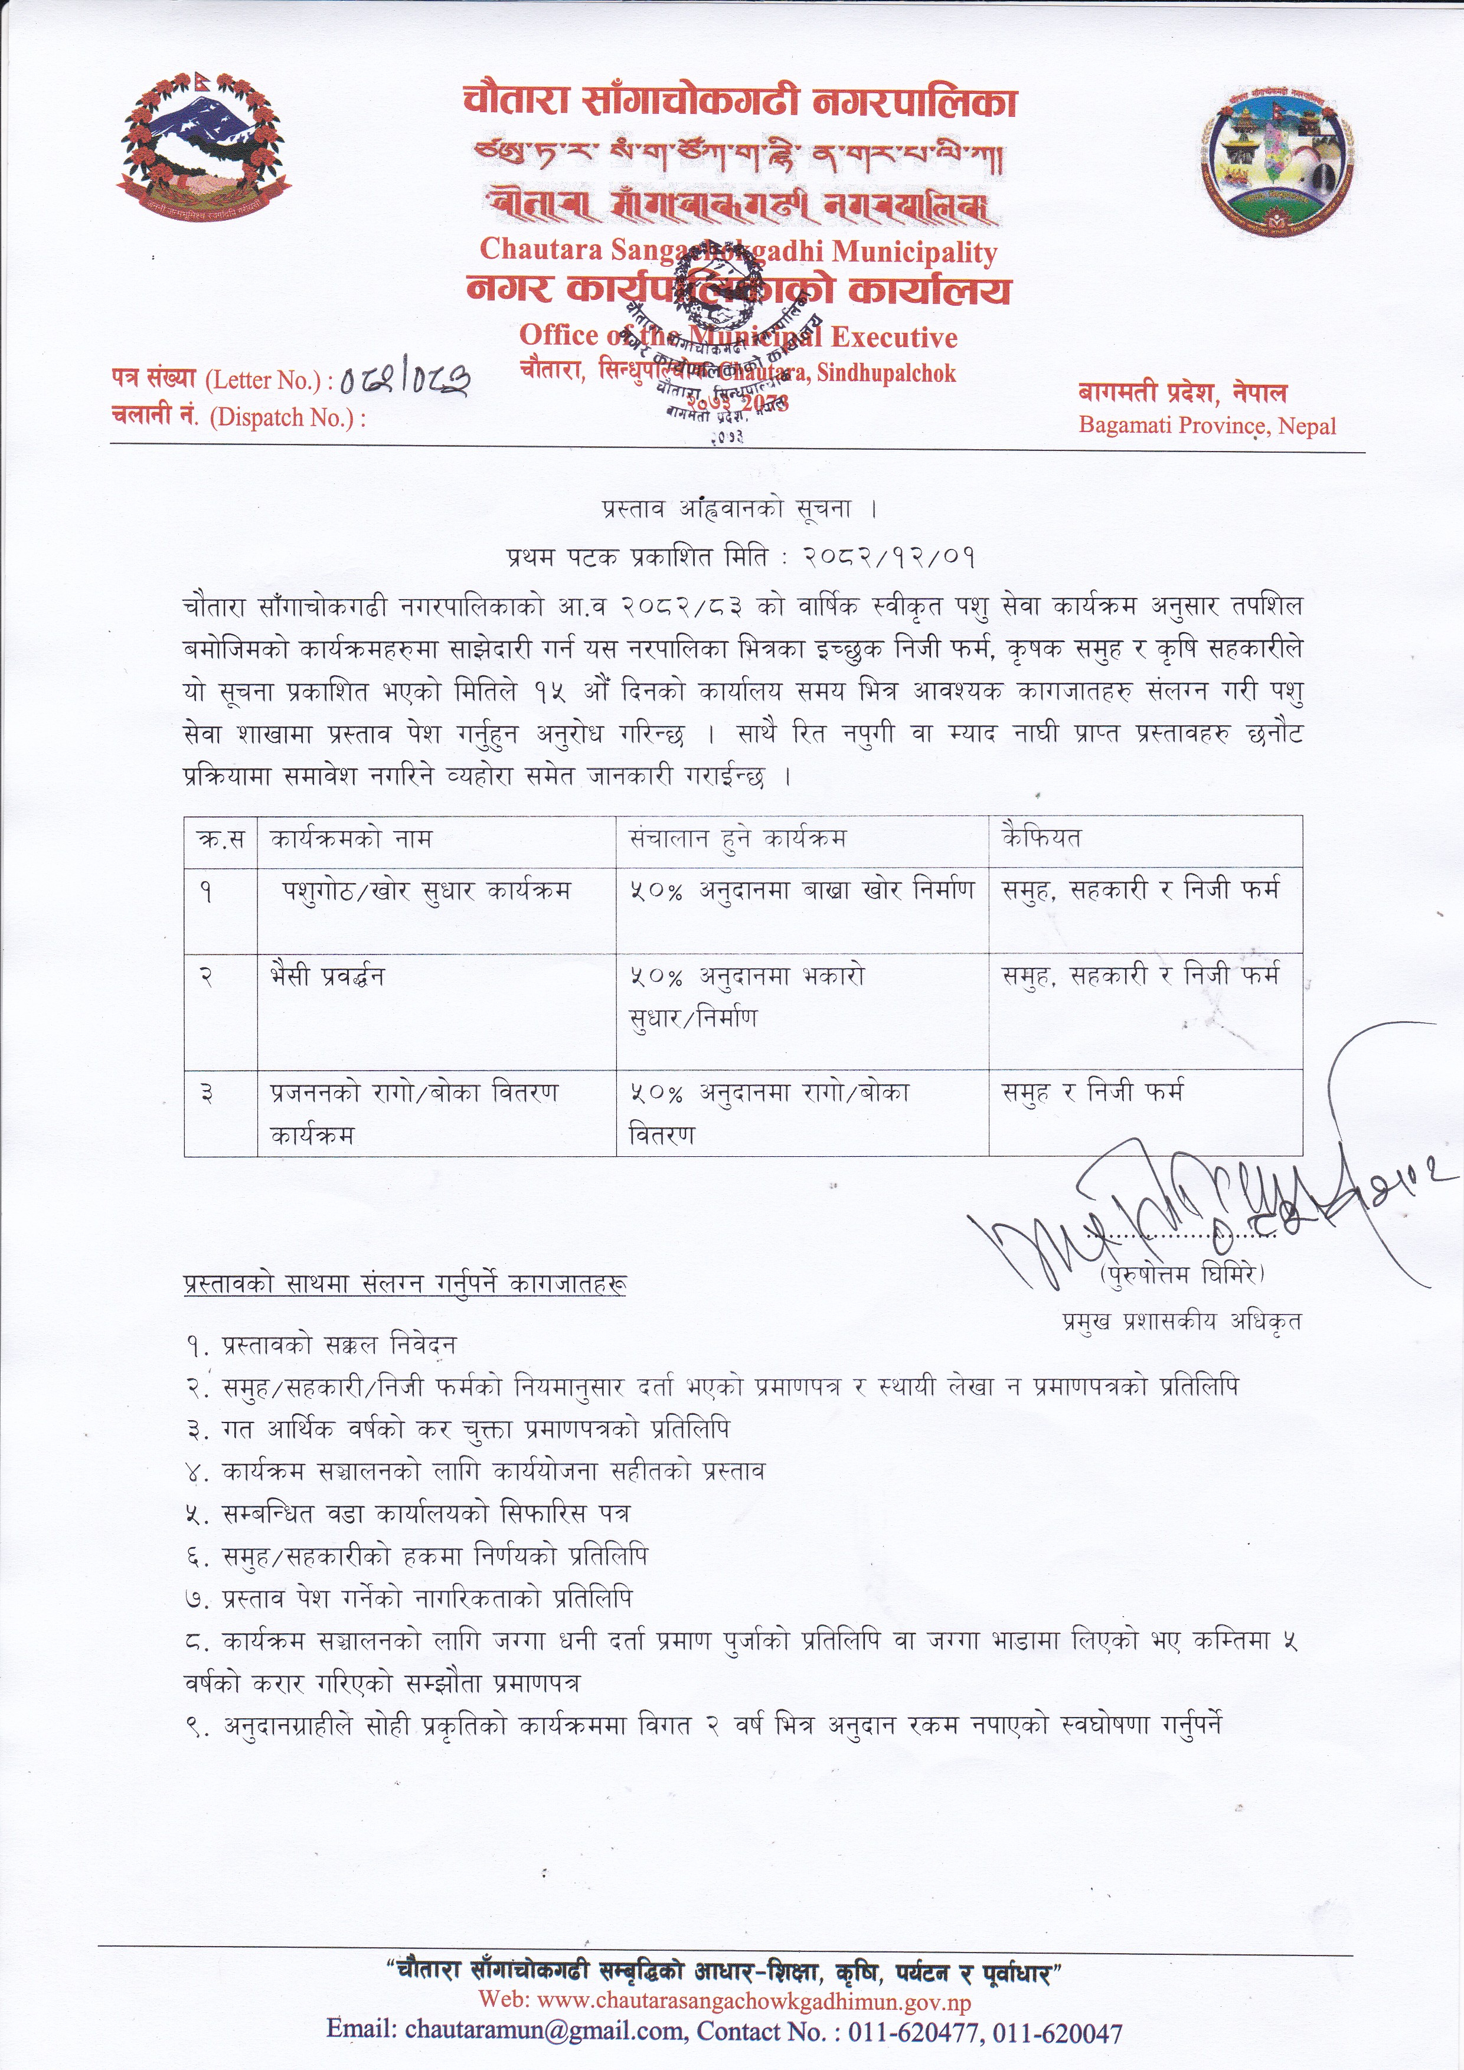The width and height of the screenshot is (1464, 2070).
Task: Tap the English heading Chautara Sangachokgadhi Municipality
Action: coord(738,251)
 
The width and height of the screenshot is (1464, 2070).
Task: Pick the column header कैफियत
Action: coord(1041,839)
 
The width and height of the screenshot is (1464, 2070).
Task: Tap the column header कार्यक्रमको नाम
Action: coord(351,839)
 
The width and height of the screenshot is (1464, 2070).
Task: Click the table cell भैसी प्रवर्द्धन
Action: coord(327,976)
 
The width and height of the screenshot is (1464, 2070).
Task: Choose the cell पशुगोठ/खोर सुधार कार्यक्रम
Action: coord(426,891)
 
